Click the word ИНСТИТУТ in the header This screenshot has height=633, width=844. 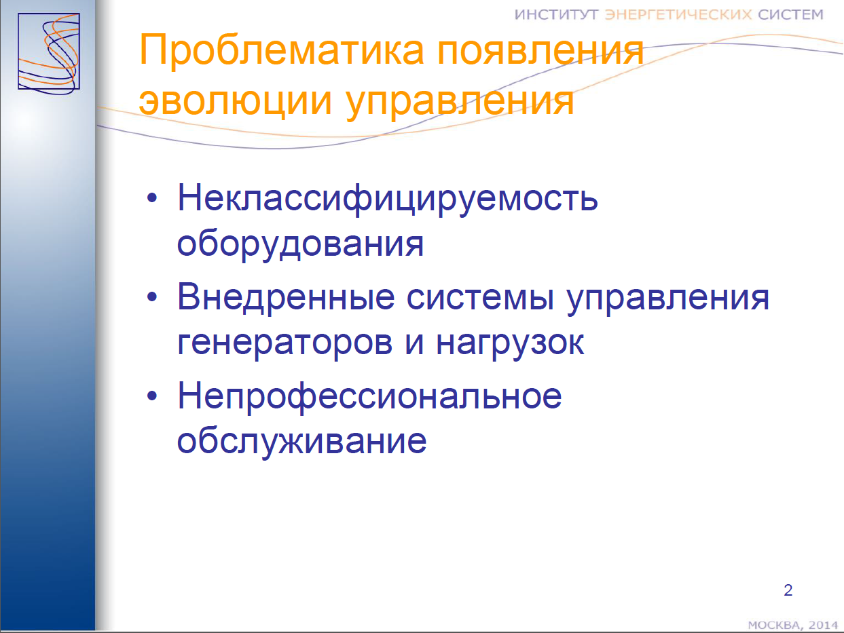pos(556,15)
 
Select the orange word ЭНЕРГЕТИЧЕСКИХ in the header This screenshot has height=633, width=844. pos(678,15)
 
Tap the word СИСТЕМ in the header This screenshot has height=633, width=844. pos(790,15)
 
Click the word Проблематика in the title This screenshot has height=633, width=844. pos(282,51)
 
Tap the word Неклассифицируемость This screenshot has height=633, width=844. pos(388,199)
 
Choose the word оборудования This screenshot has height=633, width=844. pos(300,244)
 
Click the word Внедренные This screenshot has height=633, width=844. pos(286,297)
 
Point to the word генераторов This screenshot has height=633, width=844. pos(285,344)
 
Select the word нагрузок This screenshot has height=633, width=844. pos(510,344)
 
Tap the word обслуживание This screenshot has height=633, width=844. pos(302,442)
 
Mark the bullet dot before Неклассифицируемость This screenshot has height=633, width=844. pos(152,198)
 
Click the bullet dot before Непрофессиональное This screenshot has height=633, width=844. pos(152,396)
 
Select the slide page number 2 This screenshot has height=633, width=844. pos(788,590)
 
